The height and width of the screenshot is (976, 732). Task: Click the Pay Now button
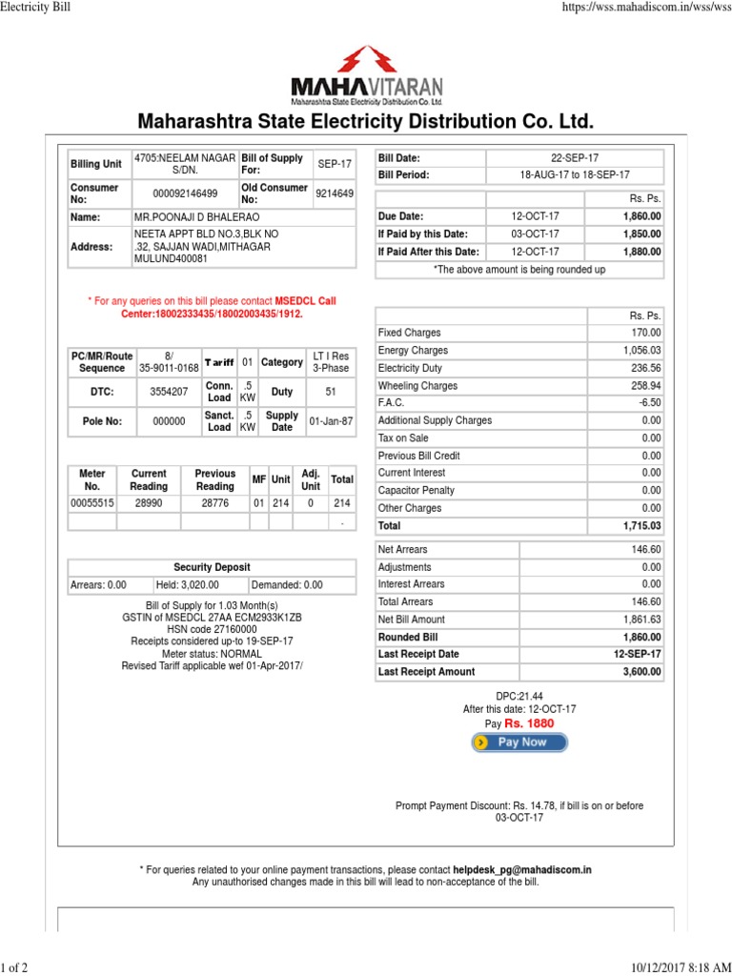point(519,742)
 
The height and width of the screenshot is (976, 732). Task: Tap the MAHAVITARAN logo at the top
point(366,75)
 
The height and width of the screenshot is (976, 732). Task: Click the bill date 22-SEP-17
point(574,157)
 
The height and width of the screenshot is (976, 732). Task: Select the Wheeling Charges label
point(417,386)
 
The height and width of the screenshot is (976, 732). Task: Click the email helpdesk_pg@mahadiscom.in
point(522,869)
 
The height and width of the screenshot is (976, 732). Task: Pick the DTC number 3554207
point(169,392)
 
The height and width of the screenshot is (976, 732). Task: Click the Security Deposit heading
point(212,567)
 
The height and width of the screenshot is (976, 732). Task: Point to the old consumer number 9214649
point(335,193)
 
